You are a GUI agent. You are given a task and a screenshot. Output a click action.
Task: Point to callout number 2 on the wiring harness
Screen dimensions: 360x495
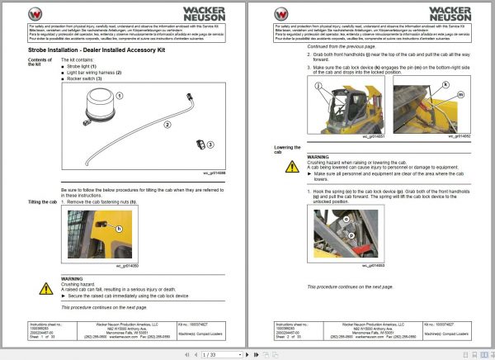[167, 126]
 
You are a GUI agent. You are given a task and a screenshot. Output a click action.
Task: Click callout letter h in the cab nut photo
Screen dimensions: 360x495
[119, 228]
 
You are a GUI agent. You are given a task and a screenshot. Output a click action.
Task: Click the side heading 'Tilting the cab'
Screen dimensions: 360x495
[42, 202]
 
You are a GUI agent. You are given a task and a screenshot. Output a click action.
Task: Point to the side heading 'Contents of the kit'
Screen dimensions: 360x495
[40, 63]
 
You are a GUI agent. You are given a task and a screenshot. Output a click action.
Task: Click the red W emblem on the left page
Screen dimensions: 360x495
[36, 13]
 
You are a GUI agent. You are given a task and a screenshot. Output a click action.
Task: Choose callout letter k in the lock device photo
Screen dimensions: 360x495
[445, 84]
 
